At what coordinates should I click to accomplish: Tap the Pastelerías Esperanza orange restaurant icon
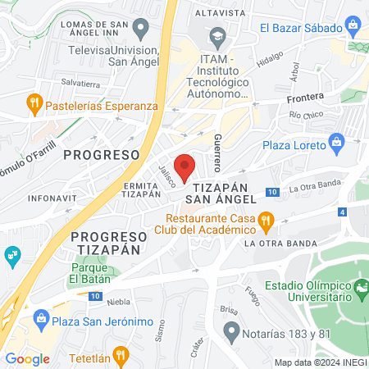tap(34, 104)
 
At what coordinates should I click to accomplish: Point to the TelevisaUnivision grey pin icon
tap(140, 30)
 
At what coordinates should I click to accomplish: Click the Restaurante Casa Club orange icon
tap(266, 219)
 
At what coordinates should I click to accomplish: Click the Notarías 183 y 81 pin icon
tap(232, 332)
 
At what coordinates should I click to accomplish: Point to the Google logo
tap(27, 358)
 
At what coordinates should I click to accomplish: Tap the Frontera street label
tap(305, 96)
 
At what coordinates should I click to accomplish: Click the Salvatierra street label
tap(81, 84)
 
